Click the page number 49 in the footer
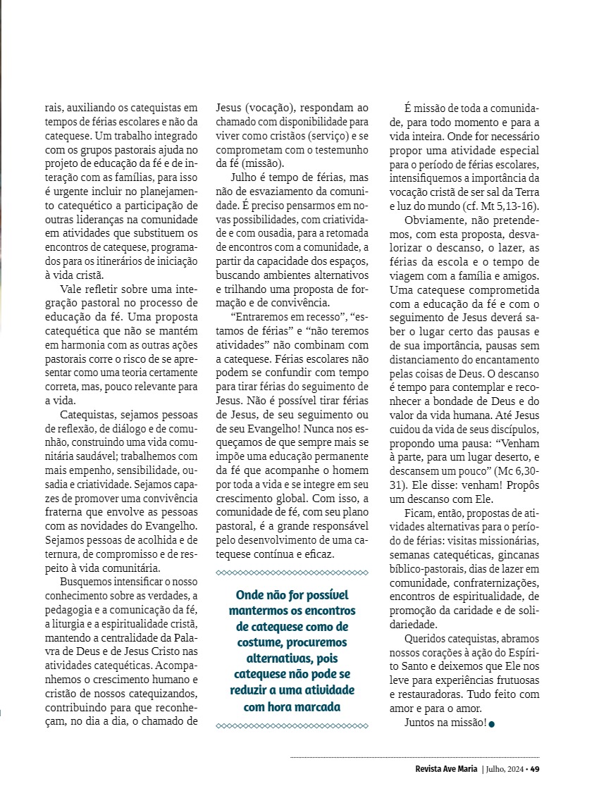click(x=535, y=768)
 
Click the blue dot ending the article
click(x=491, y=724)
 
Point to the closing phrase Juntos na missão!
click(x=445, y=723)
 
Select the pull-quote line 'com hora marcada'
click(x=292, y=706)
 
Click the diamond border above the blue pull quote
click(x=292, y=573)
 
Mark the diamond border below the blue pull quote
click(x=292, y=725)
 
